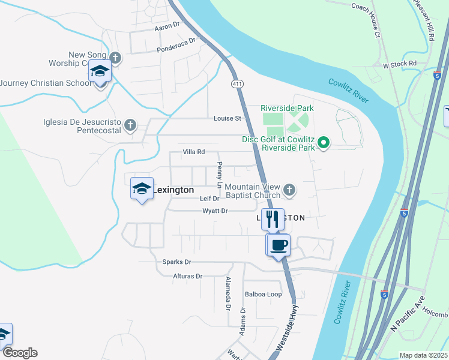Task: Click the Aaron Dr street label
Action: pos(167,26)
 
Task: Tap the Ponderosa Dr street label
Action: pos(176,46)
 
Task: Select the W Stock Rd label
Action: pos(399,63)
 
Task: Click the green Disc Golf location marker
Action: pos(324,143)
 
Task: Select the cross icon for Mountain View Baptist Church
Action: pos(289,190)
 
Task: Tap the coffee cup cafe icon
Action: pos(279,245)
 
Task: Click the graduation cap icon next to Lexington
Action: pos(142,189)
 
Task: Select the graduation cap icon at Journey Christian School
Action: pos(100,72)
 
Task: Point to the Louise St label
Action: pos(227,118)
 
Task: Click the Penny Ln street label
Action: pos(220,174)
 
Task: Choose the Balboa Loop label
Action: pos(263,294)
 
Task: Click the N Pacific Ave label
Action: pos(407,314)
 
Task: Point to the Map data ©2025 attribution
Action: pos(423,355)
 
